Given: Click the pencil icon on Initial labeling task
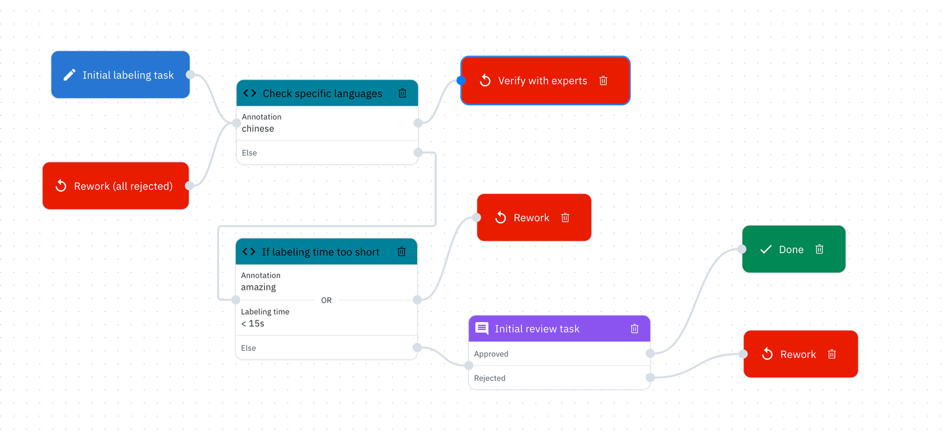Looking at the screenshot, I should (69, 75).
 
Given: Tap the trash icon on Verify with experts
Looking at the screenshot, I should (603, 80).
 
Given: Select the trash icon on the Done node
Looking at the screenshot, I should (819, 250).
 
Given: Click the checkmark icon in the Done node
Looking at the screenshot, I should (765, 250).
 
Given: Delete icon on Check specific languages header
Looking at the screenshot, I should (402, 93).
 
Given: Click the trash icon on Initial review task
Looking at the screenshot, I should (634, 329).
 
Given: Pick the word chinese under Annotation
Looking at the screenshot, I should (258, 129).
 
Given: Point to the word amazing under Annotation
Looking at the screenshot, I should (259, 287).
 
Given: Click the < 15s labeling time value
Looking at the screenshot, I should (253, 323).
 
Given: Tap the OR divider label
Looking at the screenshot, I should (327, 300).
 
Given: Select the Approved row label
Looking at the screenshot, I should (491, 354).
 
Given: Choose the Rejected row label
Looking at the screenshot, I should (490, 378).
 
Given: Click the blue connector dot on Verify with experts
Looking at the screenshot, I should (461, 80).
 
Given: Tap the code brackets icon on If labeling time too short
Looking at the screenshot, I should (249, 252).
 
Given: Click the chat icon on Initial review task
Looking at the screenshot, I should (482, 329).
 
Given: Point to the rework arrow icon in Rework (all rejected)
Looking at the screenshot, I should (61, 186).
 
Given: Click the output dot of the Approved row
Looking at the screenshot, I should (650, 354).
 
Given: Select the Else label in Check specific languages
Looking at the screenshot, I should (249, 153).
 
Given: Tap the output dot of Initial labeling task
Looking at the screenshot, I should (190, 75).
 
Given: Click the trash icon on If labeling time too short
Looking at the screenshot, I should (402, 252).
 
